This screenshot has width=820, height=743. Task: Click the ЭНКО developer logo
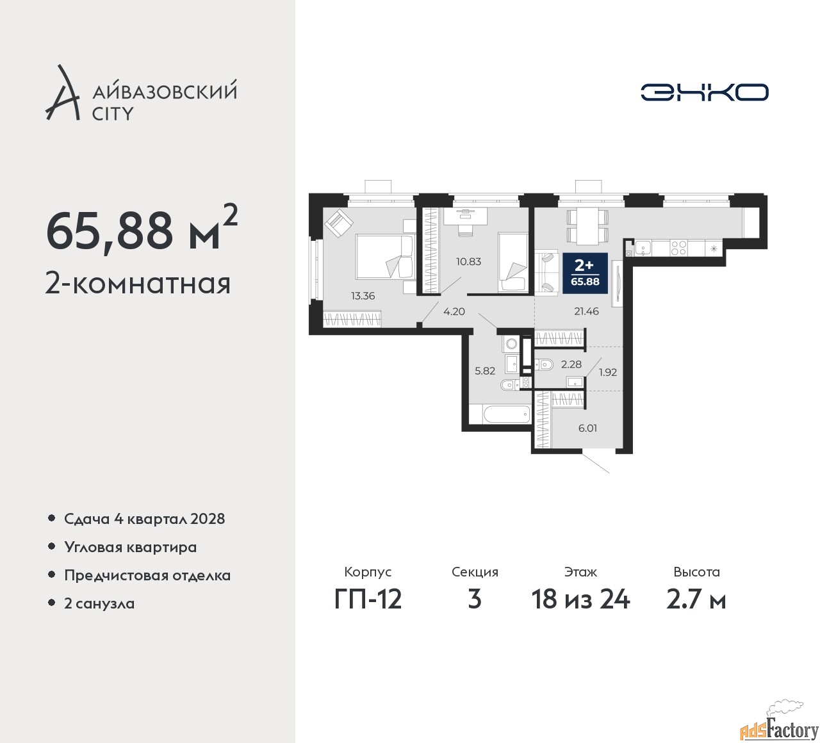704,92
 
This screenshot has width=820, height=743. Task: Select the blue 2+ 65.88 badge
585,273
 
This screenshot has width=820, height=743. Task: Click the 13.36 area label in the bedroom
363,296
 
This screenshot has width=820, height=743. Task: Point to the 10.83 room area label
468,261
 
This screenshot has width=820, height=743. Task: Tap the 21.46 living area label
586,311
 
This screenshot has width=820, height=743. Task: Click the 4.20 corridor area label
454,311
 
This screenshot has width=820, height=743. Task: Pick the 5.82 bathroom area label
485,371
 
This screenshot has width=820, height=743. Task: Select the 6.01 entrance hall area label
587,429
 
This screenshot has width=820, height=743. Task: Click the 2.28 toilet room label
571,364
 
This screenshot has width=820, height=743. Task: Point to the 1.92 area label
608,372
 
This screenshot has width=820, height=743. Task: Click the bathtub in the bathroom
507,416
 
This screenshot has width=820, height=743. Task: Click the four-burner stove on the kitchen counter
679,248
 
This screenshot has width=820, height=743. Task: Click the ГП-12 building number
368,600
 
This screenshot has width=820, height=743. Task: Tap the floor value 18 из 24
580,600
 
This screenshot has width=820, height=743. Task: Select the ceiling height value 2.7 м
696,600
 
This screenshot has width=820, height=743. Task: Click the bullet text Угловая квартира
131,547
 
